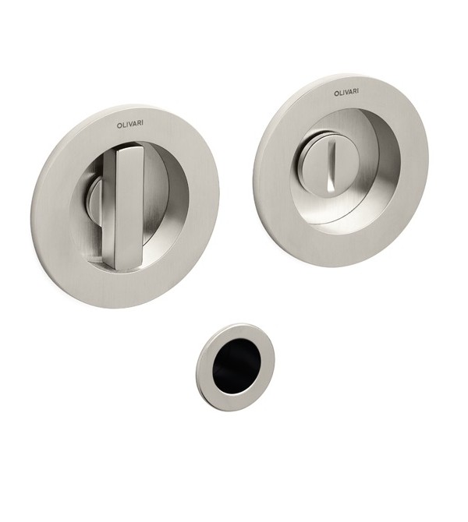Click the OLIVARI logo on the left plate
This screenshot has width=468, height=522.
(130, 125)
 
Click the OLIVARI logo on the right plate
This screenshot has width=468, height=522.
(346, 93)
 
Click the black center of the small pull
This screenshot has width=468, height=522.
(236, 366)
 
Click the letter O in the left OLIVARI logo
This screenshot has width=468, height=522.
(119, 125)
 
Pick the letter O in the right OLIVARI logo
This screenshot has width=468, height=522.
(336, 93)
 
